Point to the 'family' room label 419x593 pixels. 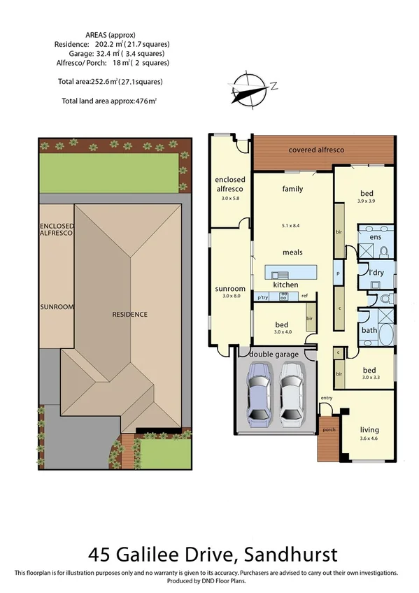(x=292, y=189)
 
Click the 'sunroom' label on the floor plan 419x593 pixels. (x=230, y=288)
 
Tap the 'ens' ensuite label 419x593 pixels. (x=376, y=238)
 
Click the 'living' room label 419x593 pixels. (x=369, y=429)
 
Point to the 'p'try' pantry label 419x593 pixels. (x=263, y=297)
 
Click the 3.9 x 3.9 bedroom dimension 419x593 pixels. (x=367, y=201)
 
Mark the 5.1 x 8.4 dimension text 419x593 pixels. (x=292, y=226)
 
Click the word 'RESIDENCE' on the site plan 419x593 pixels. (x=130, y=315)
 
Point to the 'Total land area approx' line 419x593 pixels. (x=109, y=101)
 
